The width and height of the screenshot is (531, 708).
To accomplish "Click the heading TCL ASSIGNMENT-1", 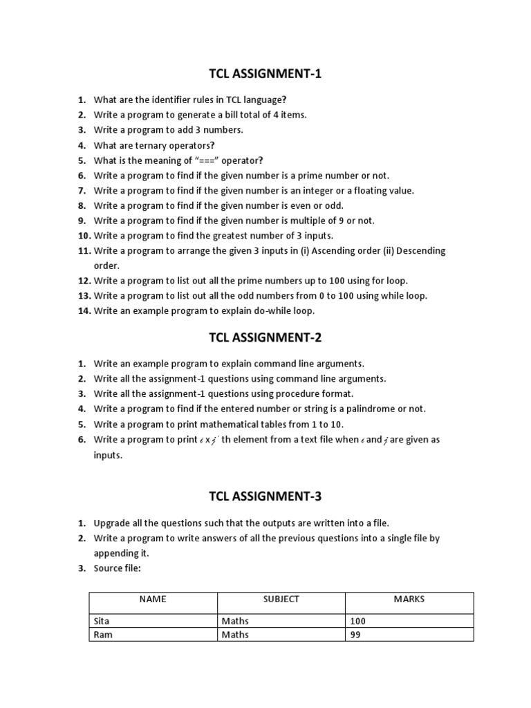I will pos(265,74).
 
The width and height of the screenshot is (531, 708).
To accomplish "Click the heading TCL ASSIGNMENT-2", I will pos(265,337).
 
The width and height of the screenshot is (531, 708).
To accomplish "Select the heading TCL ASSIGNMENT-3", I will pos(265,496).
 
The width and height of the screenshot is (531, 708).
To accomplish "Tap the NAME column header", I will pos(153,599).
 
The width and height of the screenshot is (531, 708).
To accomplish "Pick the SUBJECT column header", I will pos(281,599).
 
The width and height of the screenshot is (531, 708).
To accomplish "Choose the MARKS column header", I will pos(409,599).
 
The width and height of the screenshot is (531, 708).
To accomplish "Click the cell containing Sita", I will pos(102,621).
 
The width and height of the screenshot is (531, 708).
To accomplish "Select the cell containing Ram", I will pos(102,635).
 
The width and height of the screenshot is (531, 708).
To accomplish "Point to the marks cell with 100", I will pos(358,621).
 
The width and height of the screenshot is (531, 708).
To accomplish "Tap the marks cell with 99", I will pos(356,635).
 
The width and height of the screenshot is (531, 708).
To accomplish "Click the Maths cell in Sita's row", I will pos(235,621).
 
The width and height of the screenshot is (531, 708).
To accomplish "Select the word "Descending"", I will pos(420,250).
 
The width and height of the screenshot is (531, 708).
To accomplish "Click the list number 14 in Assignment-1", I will pos(84,311).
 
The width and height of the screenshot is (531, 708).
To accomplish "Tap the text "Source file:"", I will pos(118,568).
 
